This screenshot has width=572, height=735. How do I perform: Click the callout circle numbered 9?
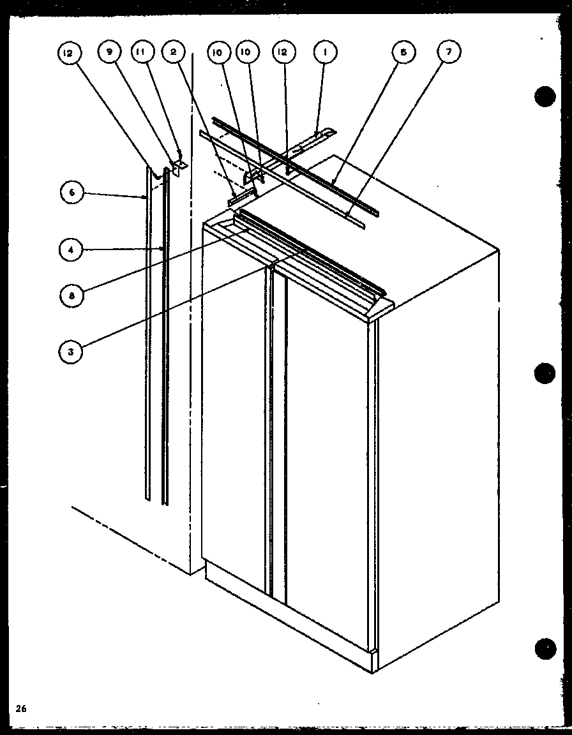coord(109,54)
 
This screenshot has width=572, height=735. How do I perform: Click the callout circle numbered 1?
coord(324,54)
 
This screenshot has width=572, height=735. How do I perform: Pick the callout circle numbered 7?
coord(448,54)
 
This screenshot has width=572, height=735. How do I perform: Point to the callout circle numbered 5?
coord(403,54)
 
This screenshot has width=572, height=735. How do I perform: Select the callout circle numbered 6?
coord(73,193)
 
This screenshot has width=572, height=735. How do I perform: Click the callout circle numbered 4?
coord(73,249)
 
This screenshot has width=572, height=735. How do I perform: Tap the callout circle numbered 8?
coord(73,296)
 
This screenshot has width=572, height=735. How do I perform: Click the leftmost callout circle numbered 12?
coord(68,54)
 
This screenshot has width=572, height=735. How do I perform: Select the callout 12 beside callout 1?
coord(282,54)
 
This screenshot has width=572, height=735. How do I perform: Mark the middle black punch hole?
coord(545,373)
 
